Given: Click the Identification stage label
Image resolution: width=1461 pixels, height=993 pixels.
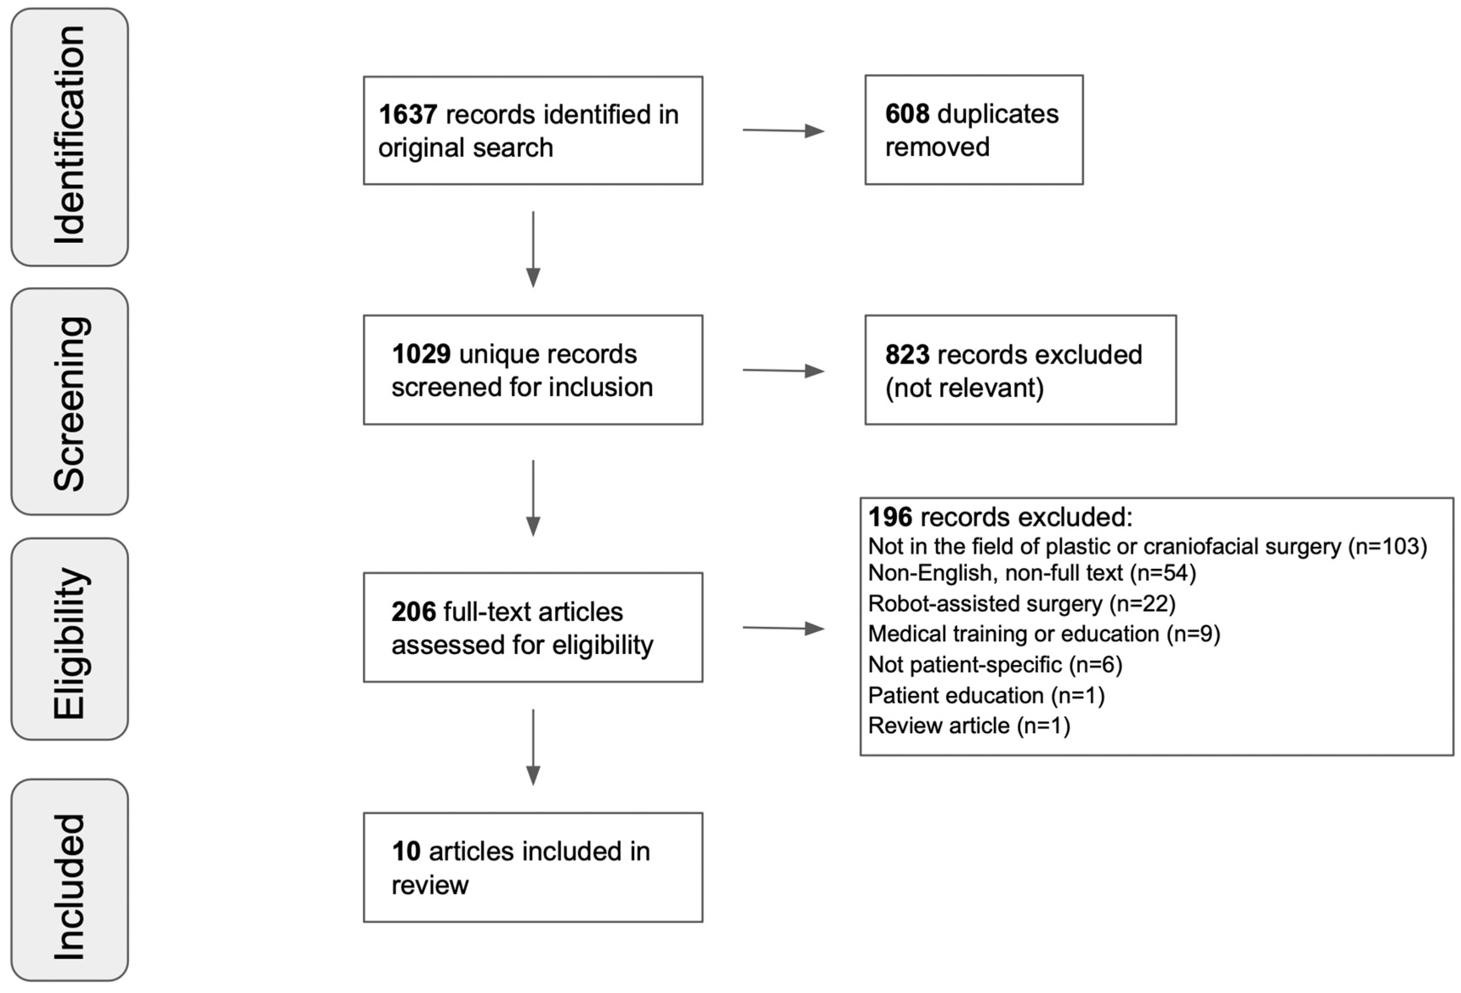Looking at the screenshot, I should point(70,136).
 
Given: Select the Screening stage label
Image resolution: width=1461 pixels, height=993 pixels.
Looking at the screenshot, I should point(70,402).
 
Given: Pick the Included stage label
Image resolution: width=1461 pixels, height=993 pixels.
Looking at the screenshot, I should point(70,887).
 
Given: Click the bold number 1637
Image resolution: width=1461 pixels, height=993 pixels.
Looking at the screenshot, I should point(407,115).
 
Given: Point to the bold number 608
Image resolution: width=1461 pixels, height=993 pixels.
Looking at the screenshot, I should point(907,114).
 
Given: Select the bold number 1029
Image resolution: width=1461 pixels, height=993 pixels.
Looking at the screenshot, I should point(420,354).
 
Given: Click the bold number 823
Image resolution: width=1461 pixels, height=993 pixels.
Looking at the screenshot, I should point(907,355).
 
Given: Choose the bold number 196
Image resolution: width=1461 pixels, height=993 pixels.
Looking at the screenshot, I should point(890,517).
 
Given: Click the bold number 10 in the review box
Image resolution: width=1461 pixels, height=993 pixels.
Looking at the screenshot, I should point(406,851).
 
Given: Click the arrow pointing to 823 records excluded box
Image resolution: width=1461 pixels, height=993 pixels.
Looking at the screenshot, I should point(783,370).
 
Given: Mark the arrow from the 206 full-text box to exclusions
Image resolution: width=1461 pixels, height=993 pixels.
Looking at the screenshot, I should point(783,628).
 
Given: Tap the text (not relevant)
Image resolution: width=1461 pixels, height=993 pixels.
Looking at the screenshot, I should point(964,388).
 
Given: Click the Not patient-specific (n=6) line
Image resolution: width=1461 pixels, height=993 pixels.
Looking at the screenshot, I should point(995,665).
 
